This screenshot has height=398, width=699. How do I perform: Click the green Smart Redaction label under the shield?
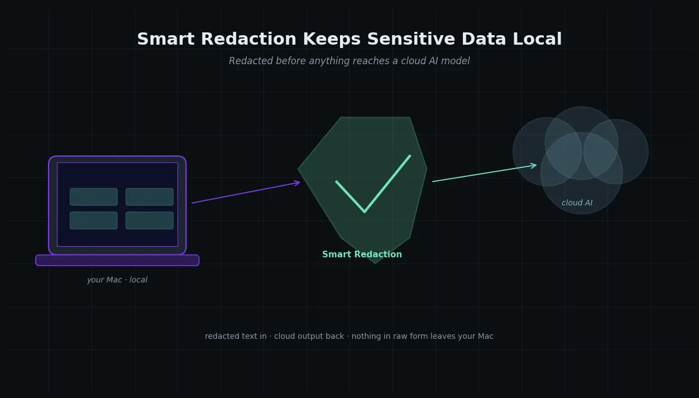coord(362,255)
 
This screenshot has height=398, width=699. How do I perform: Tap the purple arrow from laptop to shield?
coord(246,193)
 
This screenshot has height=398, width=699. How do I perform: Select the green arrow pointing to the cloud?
coord(484,173)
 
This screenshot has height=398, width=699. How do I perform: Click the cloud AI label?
coord(577,203)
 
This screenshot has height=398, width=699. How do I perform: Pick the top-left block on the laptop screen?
coord(94,196)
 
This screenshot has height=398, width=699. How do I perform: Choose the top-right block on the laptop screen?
coord(150,196)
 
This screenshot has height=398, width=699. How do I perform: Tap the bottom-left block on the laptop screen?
coord(94,220)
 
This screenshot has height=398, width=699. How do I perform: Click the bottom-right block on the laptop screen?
coord(150,220)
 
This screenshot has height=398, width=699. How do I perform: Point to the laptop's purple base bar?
coord(117,260)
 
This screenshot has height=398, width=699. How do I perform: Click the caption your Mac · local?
coord(117,280)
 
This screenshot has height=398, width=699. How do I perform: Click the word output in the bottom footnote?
coord(311,337)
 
